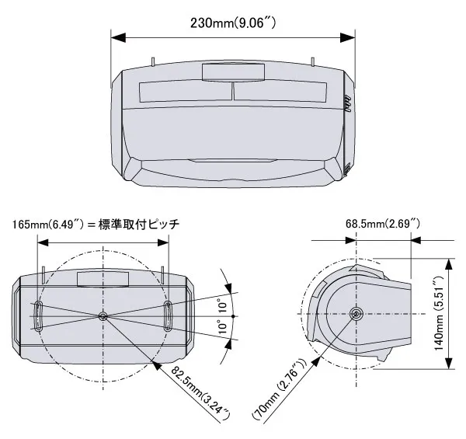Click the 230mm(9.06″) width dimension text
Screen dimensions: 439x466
pos(234,22)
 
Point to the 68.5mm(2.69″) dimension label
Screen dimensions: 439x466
pos(383,225)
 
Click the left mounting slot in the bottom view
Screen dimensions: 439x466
pos(37,317)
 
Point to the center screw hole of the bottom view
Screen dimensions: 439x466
pos(103,316)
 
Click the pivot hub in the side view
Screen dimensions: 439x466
pos(356,315)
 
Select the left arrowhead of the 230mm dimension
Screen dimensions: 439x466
pos(116,36)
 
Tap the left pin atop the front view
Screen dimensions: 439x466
pos(155,61)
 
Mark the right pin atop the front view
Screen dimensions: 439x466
pos(312,61)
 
